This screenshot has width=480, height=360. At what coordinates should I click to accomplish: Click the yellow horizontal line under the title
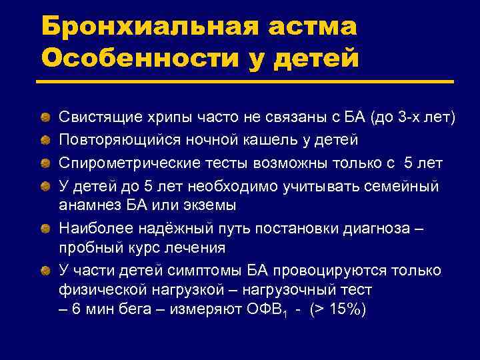pyautogui.click(x=247, y=81)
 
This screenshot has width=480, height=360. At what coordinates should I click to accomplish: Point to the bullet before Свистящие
pyautogui.click(x=45, y=118)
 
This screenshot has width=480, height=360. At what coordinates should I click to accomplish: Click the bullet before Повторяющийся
pyautogui.click(x=45, y=140)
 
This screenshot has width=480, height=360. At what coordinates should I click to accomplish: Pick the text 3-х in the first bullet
pyautogui.click(x=411, y=118)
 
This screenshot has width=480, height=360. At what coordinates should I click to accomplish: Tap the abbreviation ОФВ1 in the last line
pyautogui.click(x=268, y=312)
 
